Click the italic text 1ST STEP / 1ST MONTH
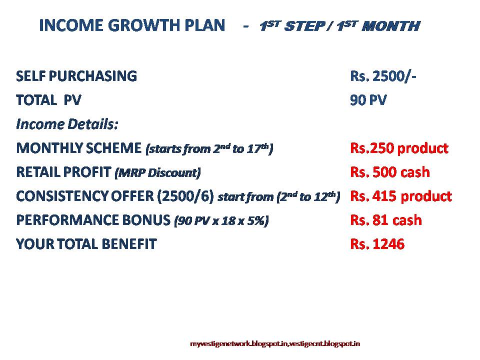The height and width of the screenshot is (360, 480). [x=339, y=26]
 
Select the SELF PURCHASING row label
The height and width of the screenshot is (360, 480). [x=76, y=76]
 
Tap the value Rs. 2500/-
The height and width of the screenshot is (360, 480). [x=383, y=76]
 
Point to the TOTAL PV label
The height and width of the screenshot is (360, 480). [x=48, y=100]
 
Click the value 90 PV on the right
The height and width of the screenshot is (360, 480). [x=368, y=100]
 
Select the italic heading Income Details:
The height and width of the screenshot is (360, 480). [x=67, y=124]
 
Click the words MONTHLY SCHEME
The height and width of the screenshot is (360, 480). [x=79, y=148]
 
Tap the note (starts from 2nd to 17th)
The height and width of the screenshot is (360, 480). [x=209, y=148]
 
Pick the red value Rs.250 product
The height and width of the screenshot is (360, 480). [x=399, y=148]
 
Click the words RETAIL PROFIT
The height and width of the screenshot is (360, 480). [x=63, y=172]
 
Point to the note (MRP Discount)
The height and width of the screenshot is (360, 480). [x=157, y=173]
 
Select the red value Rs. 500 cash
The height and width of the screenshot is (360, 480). [x=390, y=172]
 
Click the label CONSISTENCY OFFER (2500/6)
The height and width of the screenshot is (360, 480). [x=115, y=196]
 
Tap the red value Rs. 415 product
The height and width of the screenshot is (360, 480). [x=401, y=196]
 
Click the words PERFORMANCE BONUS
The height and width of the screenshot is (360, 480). [x=93, y=220]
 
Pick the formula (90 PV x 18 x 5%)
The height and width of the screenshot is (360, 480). [x=221, y=221]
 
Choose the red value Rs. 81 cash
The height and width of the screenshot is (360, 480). [x=386, y=220]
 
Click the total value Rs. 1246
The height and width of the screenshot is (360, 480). [x=377, y=244]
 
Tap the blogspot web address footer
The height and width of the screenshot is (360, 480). [x=275, y=343]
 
